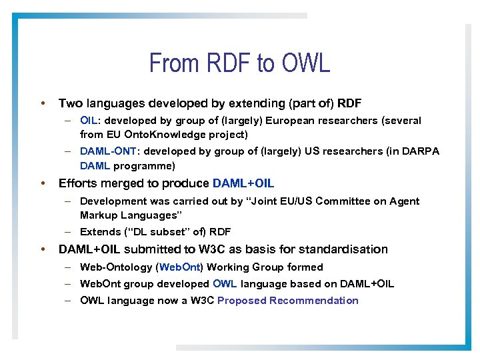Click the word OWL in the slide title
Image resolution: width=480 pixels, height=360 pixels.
[306, 63]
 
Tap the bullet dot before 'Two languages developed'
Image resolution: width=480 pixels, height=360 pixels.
[43, 103]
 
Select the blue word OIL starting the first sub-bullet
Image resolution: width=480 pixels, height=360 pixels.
[89, 121]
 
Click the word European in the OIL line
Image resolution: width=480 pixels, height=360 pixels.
[293, 121]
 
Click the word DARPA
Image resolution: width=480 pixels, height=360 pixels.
[421, 151]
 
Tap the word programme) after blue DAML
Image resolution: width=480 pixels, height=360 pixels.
[144, 165]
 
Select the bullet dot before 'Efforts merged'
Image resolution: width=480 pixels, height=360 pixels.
[43, 183]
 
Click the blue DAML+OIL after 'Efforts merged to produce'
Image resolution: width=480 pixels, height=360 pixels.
[243, 183]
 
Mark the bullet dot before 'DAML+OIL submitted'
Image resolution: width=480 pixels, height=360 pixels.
[43, 249]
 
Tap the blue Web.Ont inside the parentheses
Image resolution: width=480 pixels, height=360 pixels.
[180, 267]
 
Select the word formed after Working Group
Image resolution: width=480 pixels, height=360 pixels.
[305, 267]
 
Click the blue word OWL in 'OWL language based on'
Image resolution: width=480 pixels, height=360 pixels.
[225, 283]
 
